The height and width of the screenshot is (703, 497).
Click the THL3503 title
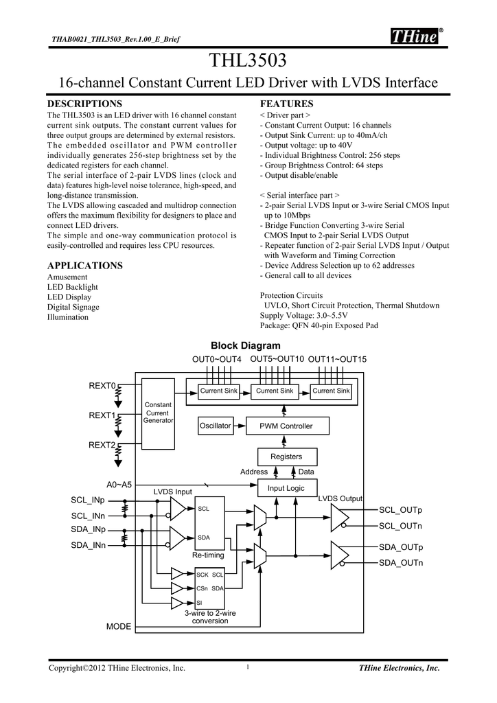248,60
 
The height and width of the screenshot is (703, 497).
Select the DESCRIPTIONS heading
84,104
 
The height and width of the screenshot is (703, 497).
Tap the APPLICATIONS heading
84,266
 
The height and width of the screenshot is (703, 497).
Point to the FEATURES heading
286,104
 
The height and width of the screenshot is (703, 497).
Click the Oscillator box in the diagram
216,426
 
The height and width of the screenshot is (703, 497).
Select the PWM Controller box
287,426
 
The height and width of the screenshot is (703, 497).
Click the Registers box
287,457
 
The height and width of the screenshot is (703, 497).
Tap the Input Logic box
287,488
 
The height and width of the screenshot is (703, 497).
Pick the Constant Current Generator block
158,413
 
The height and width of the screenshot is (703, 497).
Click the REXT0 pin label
102,386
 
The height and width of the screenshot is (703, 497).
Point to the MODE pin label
119,626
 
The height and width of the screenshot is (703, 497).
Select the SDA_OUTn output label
401,563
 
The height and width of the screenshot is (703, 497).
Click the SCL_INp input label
88,500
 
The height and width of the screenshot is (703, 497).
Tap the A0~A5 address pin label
119,485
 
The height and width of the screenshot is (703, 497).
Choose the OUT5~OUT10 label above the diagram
277,359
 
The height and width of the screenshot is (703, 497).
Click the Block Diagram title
246,346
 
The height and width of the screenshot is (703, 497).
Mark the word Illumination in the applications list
68,317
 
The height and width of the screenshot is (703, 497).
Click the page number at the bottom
248,667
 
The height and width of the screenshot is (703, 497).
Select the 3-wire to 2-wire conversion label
210,617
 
